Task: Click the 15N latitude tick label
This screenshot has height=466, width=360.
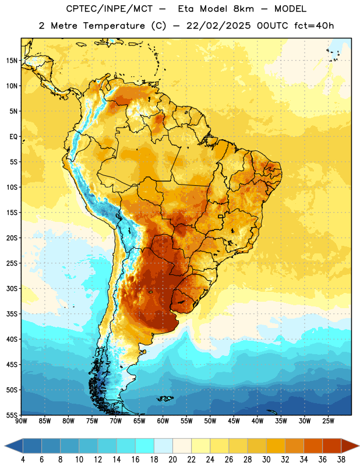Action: (12, 61)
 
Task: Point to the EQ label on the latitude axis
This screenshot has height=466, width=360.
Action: (13, 137)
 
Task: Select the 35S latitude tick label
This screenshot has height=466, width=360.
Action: (12, 314)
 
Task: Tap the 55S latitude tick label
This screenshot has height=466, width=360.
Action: (12, 415)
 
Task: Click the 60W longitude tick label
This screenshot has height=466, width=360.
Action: (163, 421)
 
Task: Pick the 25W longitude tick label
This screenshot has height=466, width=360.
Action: (328, 421)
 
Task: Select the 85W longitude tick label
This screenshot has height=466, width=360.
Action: (45, 421)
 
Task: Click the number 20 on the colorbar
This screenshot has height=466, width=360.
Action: (172, 460)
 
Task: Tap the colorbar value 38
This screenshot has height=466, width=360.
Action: (341, 460)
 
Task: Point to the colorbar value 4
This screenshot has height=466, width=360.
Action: (23, 460)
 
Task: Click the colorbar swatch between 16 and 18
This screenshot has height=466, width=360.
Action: (144, 446)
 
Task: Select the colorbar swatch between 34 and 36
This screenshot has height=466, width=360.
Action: (313, 446)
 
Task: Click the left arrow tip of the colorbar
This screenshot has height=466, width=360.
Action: (5, 446)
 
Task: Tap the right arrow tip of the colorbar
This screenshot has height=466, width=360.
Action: (359, 446)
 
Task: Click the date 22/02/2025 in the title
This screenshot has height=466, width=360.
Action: (218, 26)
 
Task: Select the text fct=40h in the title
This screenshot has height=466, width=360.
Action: (314, 26)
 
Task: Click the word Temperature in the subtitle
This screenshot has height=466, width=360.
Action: (114, 26)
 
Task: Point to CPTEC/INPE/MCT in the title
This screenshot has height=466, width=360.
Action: (109, 9)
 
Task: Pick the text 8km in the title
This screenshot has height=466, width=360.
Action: (243, 9)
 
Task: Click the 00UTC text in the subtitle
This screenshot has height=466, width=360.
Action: (273, 26)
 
